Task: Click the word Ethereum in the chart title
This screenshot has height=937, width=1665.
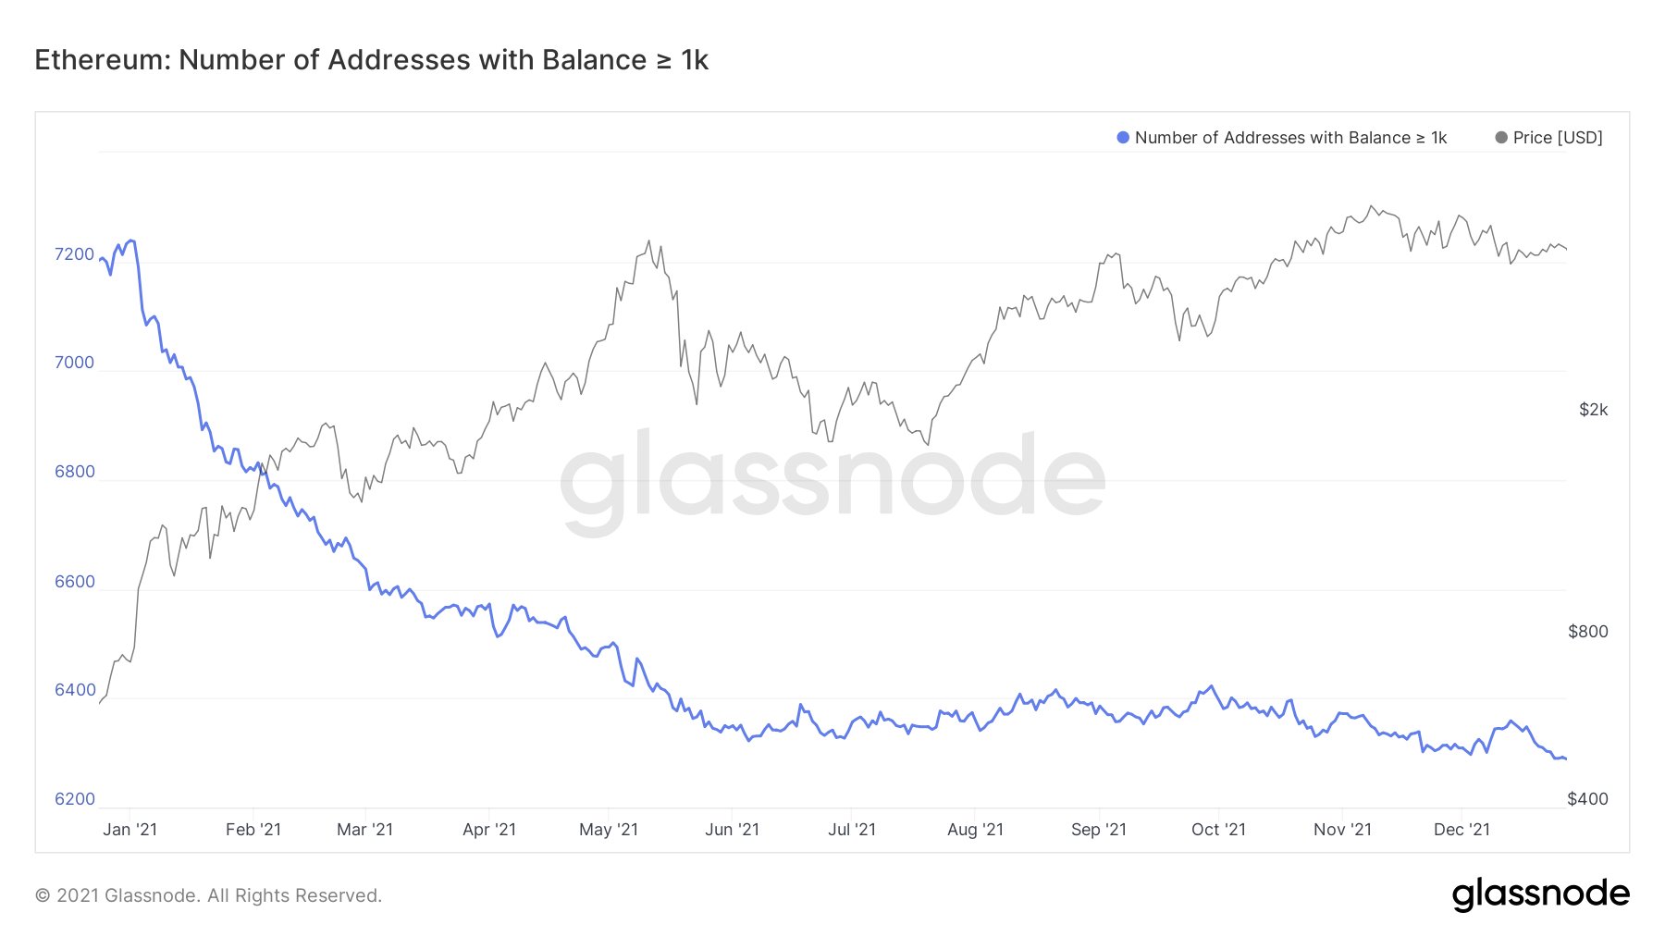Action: tap(101, 60)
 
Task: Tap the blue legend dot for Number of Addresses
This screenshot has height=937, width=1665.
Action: tap(1123, 138)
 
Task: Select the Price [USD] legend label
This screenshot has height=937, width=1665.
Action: tap(1557, 138)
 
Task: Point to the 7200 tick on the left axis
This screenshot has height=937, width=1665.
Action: tap(74, 254)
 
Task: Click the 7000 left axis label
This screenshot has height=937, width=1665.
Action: tap(74, 363)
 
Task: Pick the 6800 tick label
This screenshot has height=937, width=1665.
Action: tap(74, 472)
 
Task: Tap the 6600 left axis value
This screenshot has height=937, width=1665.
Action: tap(74, 582)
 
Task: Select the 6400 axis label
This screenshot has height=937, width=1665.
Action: tap(74, 690)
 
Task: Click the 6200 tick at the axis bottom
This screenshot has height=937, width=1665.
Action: tap(74, 799)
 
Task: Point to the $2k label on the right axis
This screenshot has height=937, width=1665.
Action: tap(1593, 410)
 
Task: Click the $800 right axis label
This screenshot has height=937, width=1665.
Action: tap(1587, 632)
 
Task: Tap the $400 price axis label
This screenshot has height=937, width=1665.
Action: tap(1587, 799)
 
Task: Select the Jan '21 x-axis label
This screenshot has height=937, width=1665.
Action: tap(129, 830)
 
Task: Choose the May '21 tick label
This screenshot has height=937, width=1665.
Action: tap(608, 830)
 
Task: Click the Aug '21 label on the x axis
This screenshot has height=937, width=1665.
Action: tap(975, 830)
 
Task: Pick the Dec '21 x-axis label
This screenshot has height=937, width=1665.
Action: tap(1461, 830)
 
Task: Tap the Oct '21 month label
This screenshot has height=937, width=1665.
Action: tap(1218, 830)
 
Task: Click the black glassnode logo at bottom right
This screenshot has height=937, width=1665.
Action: tap(1540, 894)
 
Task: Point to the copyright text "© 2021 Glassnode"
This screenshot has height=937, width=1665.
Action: tap(116, 895)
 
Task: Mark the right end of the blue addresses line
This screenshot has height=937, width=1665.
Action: tap(1565, 758)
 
